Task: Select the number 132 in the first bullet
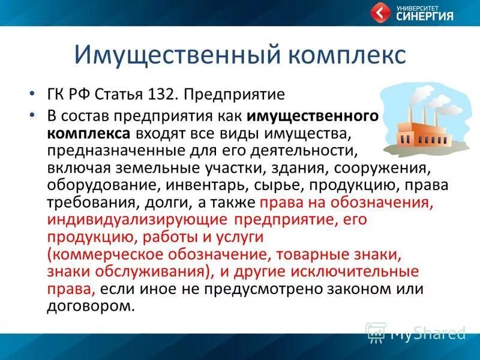point(163,95)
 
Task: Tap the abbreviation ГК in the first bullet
point(56,95)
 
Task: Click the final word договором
point(91,305)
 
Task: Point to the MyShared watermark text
point(427,332)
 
